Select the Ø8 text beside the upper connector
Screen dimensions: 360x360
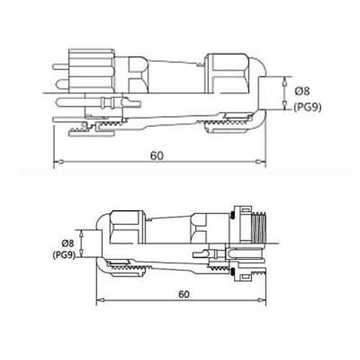click(x=302, y=91)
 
